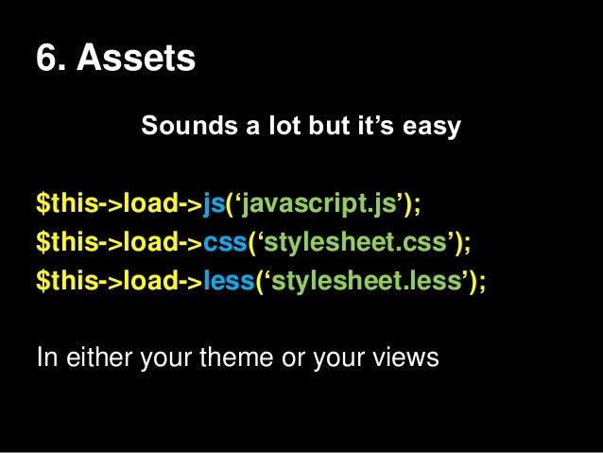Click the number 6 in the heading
tap(45, 59)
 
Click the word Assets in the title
tap(136, 59)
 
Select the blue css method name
tap(225, 243)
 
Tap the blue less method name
tap(229, 283)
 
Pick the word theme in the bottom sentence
tap(245, 358)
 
